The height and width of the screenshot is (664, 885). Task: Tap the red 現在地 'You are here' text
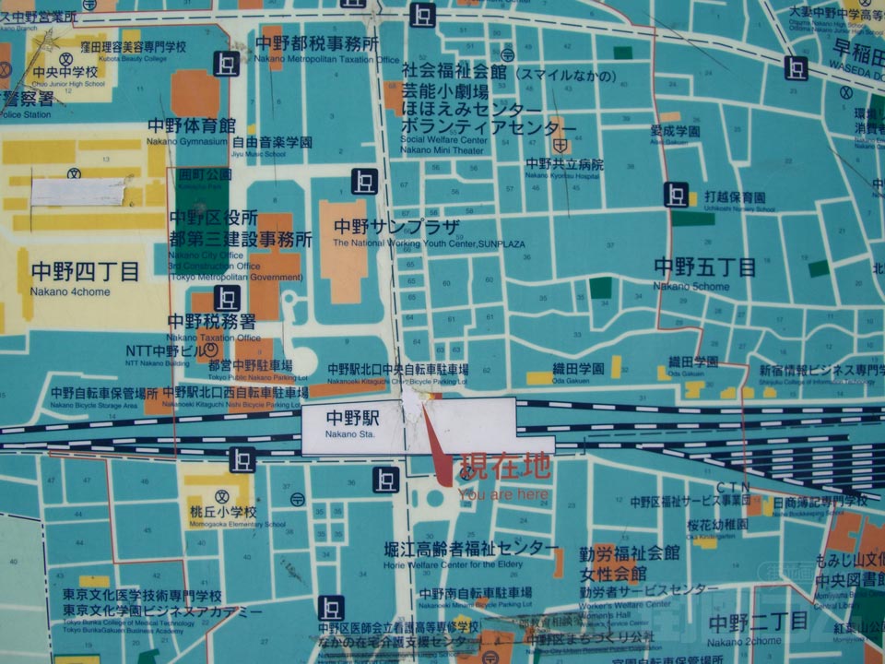(506, 464)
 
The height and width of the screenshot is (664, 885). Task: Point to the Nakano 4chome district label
(84, 274)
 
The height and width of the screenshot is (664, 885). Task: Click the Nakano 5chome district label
(704, 268)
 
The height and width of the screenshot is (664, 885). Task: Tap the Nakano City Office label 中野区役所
(213, 218)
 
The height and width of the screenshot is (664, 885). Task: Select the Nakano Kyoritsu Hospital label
(564, 165)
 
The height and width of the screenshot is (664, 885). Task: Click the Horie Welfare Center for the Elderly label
(470, 550)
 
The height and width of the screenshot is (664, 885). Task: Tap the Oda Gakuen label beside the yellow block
(578, 368)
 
